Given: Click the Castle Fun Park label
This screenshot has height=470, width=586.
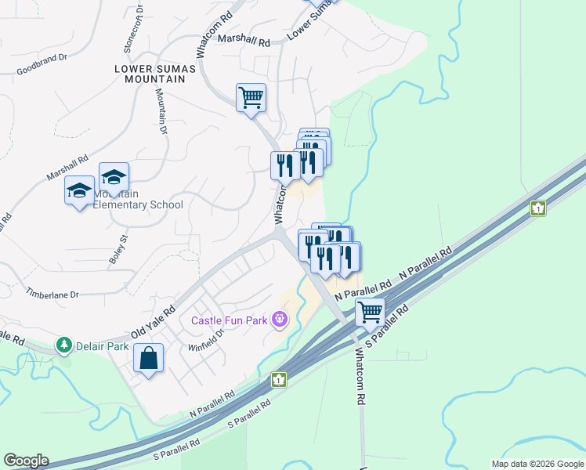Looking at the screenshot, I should [229, 320].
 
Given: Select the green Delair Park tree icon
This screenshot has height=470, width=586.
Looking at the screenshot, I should [63, 345].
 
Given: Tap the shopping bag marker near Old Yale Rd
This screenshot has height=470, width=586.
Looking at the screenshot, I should [148, 359].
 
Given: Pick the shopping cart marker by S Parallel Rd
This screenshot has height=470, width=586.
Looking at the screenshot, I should [370, 312].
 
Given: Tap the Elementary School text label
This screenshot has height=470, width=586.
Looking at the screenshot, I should [138, 205].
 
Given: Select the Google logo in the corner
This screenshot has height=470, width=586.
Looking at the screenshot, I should [26, 461].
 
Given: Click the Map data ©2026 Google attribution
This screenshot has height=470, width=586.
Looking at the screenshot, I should [537, 464].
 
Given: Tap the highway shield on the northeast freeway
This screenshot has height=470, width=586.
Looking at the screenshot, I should [537, 208].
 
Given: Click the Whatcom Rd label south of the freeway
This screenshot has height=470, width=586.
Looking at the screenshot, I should [360, 376].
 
